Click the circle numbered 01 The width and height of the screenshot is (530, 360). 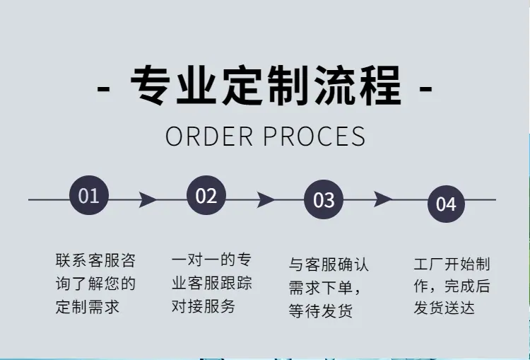click(89, 195)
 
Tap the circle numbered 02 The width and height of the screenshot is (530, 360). click(206, 195)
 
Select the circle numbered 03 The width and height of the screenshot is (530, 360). click(324, 199)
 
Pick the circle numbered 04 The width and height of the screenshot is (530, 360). click(446, 204)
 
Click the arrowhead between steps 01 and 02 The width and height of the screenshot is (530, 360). click(148, 199)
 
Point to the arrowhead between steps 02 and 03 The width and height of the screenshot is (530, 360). click(265, 199)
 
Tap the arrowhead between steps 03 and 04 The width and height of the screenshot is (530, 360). click(382, 199)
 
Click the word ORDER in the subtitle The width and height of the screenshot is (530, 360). click(209, 137)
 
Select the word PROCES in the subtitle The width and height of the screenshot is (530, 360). click(314, 137)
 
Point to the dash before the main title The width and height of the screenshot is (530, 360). click(103, 89)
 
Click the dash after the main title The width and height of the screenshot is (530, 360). click(426, 89)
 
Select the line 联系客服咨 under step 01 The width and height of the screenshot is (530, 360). click(95, 260)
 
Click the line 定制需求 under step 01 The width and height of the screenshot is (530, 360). click(88, 307)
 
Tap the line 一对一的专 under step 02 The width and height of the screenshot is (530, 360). click(211, 260)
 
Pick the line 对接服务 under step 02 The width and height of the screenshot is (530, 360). click(204, 306)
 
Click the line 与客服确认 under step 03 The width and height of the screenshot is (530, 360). click(329, 265)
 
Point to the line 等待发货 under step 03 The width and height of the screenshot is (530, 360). click(320, 310)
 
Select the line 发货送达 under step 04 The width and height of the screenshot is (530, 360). click(444, 308)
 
